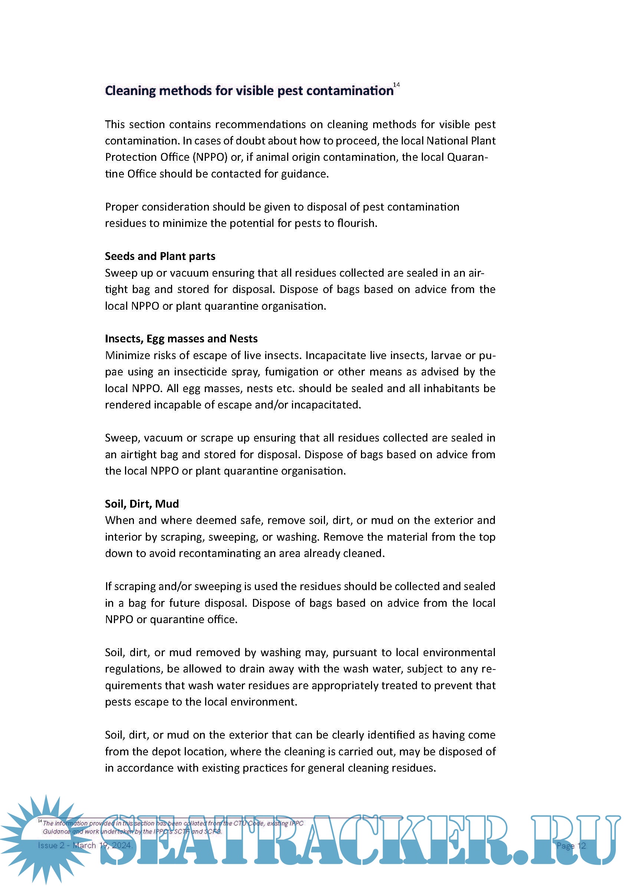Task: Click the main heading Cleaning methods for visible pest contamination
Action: [249, 91]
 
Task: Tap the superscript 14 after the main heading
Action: [396, 85]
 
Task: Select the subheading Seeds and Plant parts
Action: [160, 256]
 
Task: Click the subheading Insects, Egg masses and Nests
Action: [181, 339]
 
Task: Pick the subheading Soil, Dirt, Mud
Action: [142, 504]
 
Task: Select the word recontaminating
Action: [220, 553]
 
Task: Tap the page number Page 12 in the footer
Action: [571, 846]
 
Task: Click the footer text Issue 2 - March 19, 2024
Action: [85, 845]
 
